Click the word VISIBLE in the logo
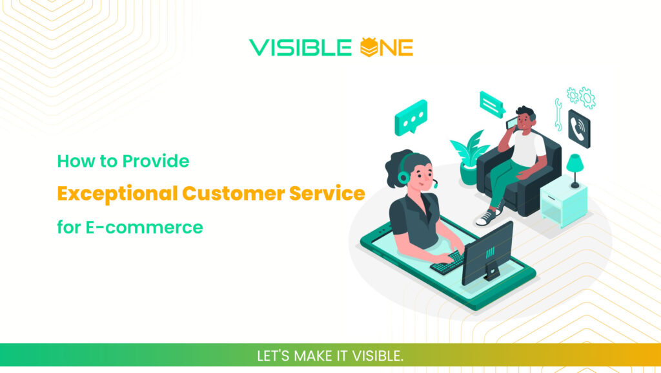click(x=301, y=47)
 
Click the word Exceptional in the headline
click(x=116, y=193)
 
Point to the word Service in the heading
click(x=329, y=193)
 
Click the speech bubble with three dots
click(x=411, y=117)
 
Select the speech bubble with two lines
click(x=492, y=103)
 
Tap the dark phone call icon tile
click(x=578, y=128)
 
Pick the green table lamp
click(x=575, y=169)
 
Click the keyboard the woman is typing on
click(x=448, y=262)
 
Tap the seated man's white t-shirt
click(x=527, y=147)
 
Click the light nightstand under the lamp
click(x=563, y=204)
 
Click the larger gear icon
click(x=587, y=98)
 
